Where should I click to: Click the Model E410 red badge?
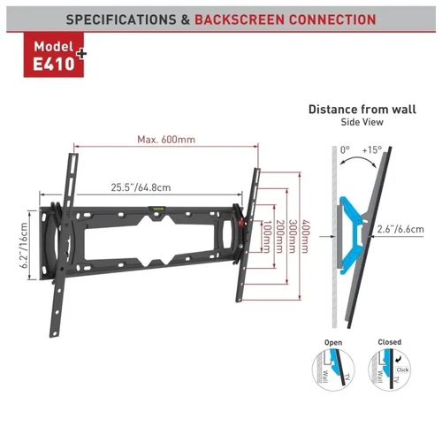click(54, 55)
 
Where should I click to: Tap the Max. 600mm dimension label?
click(166, 140)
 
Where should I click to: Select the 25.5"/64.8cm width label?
click(141, 187)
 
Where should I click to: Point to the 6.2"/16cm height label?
click(24, 245)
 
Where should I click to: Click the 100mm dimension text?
click(266, 237)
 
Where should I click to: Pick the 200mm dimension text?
click(279, 237)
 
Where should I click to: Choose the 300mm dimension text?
click(292, 237)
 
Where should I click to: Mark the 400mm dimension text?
click(306, 237)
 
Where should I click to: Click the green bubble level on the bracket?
click(156, 209)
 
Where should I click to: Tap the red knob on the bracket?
click(241, 223)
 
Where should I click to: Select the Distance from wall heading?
click(362, 110)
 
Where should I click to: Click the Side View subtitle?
click(362, 122)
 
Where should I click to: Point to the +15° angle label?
click(372, 150)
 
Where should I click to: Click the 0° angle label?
click(345, 150)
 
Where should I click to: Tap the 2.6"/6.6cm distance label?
click(400, 229)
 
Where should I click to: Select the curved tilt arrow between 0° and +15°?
click(357, 157)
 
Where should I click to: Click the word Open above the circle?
click(333, 342)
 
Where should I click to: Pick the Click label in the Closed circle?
click(402, 370)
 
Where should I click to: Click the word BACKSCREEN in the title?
click(240, 19)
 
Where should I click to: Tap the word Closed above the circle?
click(390, 342)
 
